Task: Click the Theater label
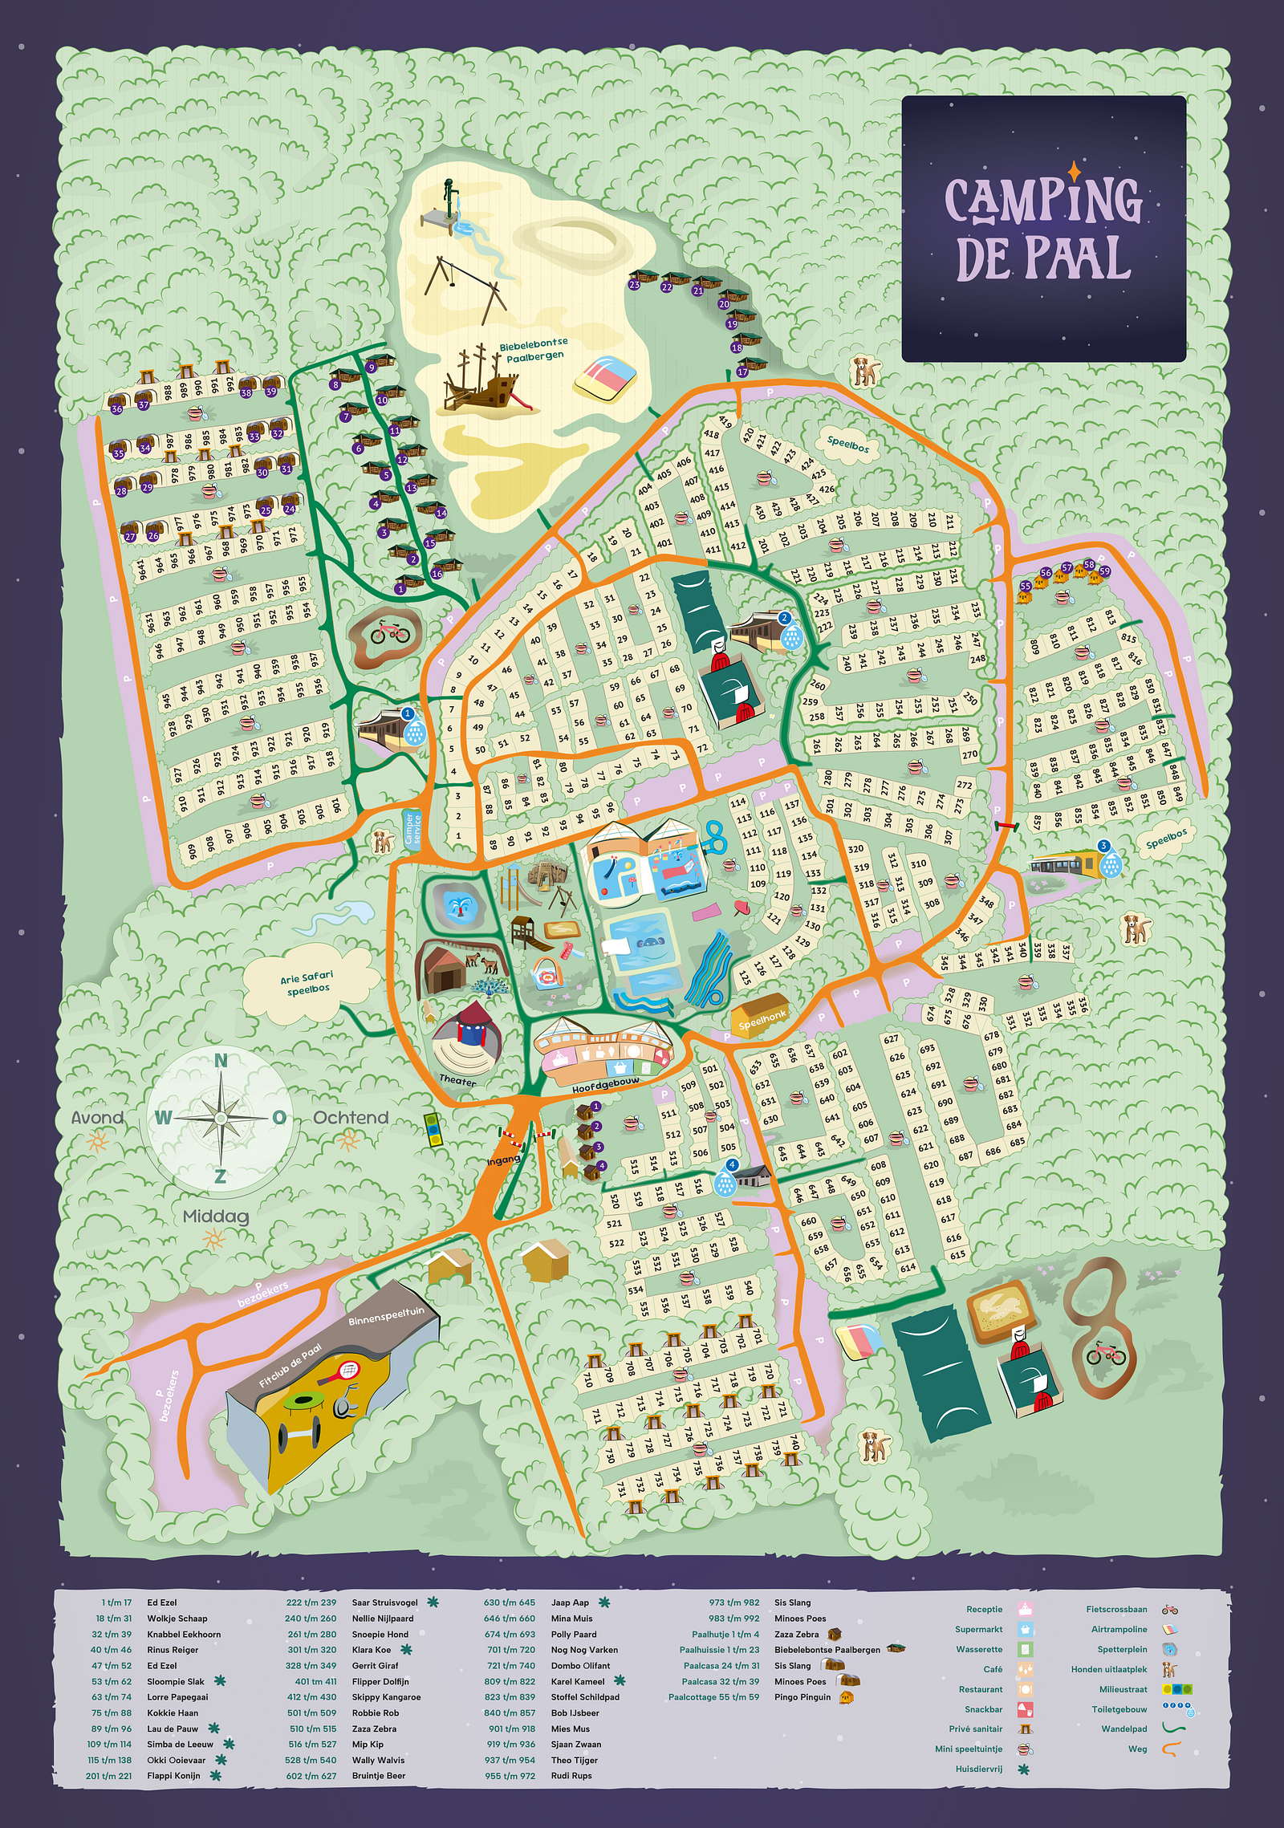pos(457,1080)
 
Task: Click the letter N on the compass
pos(221,1061)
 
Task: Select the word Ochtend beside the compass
pos(351,1118)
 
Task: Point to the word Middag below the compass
pos(216,1217)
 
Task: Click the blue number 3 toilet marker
pos(1104,846)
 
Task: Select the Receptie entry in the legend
pos(984,1609)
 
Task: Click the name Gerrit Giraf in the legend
pos(375,1665)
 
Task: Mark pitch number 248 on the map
pos(977,659)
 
